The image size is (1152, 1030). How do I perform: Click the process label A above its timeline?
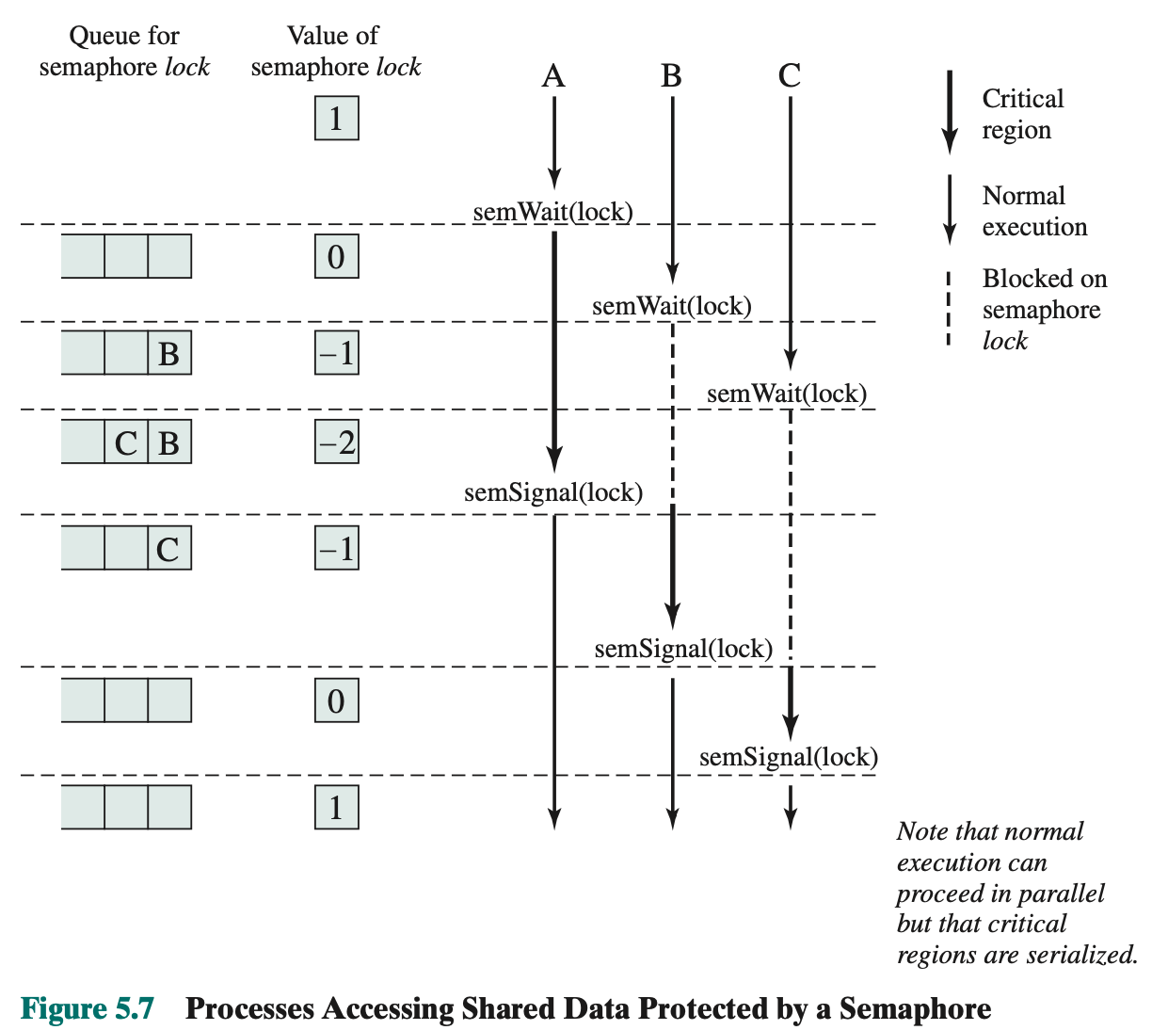(x=553, y=75)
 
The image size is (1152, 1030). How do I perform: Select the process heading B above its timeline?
(x=671, y=75)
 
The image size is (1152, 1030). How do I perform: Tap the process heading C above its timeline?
(x=790, y=75)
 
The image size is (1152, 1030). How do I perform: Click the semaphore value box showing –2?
(x=337, y=442)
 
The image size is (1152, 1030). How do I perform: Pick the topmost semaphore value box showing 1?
(x=337, y=119)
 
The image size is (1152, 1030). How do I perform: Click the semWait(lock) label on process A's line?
(x=552, y=212)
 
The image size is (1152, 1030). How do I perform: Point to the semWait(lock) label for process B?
(x=671, y=306)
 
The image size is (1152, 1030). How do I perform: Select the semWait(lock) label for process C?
(x=786, y=394)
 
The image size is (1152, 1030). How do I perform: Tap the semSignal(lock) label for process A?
(x=553, y=492)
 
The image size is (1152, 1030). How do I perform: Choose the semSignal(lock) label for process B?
(x=683, y=649)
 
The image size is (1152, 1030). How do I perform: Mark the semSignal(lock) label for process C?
(x=788, y=757)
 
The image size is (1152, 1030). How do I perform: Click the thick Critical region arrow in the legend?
(x=950, y=111)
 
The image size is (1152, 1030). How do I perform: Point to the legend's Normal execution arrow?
(x=950, y=209)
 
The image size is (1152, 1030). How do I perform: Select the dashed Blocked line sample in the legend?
(x=949, y=309)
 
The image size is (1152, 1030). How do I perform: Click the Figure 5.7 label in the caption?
(x=87, y=1008)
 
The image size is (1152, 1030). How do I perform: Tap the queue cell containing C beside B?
(x=126, y=443)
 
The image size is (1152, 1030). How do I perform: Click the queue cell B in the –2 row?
(x=169, y=443)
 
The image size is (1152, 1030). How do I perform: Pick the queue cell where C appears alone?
(x=169, y=549)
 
